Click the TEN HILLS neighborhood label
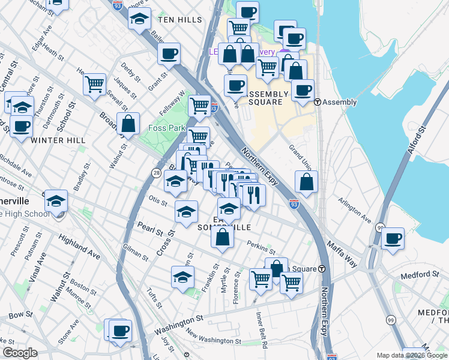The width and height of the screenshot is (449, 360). pyautogui.click(x=180, y=20)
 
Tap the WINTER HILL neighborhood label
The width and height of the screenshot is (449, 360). pyautogui.click(x=58, y=140)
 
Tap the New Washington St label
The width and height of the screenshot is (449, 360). pyautogui.click(x=213, y=340)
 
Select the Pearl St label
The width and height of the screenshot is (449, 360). pyautogui.click(x=150, y=230)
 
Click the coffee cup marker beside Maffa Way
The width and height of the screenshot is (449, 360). pyautogui.click(x=393, y=238)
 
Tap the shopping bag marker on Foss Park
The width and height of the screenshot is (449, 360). pyautogui.click(x=128, y=124)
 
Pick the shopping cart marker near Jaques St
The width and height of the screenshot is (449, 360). pyautogui.click(x=94, y=85)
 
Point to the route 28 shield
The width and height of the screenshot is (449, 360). pyautogui.click(x=156, y=173)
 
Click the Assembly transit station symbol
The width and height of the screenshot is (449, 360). pyautogui.click(x=317, y=102)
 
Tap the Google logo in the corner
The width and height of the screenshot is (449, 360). pyautogui.click(x=20, y=353)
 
